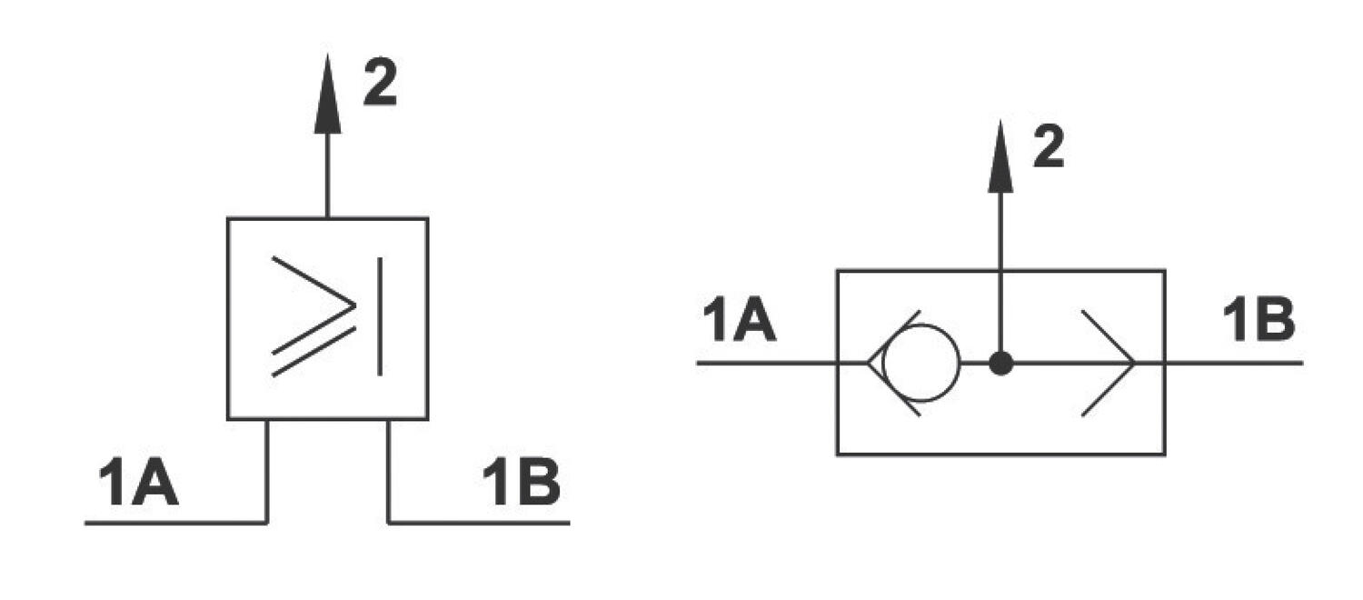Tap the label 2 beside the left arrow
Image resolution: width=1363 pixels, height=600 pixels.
tap(380, 84)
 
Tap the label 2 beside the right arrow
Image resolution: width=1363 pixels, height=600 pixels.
tap(1049, 146)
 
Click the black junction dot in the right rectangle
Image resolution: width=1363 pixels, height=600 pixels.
tap(1000, 364)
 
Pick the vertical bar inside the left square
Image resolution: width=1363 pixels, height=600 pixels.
tap(379, 315)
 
